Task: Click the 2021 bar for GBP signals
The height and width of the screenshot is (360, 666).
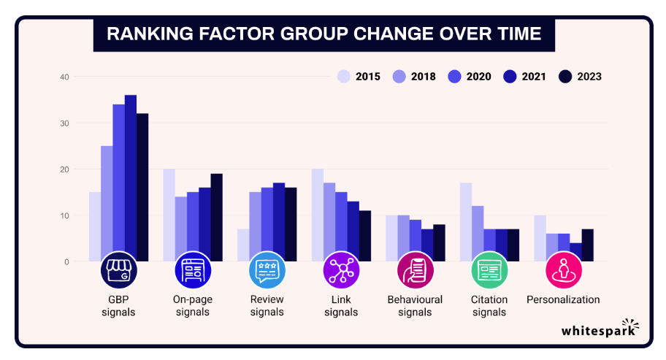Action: pos(131,178)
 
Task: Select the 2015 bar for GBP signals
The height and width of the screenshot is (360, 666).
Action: pos(95,226)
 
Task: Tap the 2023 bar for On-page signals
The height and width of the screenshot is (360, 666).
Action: pos(217,218)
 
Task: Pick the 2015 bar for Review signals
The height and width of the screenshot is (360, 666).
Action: pos(243,245)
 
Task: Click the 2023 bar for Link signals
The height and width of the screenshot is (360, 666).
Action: pos(365,236)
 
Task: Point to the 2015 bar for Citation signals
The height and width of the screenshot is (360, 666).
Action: pos(466,222)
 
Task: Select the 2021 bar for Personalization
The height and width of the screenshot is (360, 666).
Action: pos(575,252)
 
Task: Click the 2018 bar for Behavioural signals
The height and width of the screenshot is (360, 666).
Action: pos(404,238)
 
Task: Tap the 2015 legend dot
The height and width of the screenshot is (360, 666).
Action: pos(344,77)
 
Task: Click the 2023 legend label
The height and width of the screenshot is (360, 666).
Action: pos(589,77)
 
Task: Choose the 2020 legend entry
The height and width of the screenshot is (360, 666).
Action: pos(470,77)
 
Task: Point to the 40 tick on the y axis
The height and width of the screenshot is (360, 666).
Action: pos(64,77)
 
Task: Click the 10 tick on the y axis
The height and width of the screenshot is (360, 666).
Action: pos(64,215)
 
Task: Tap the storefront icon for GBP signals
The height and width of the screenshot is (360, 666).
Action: pos(119,270)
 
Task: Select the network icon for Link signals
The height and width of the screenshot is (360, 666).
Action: pos(341,270)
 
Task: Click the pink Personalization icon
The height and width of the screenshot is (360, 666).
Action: pos(563,270)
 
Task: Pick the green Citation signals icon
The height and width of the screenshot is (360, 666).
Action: pos(489,270)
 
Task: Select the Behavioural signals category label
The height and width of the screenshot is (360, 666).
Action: pos(415,306)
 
